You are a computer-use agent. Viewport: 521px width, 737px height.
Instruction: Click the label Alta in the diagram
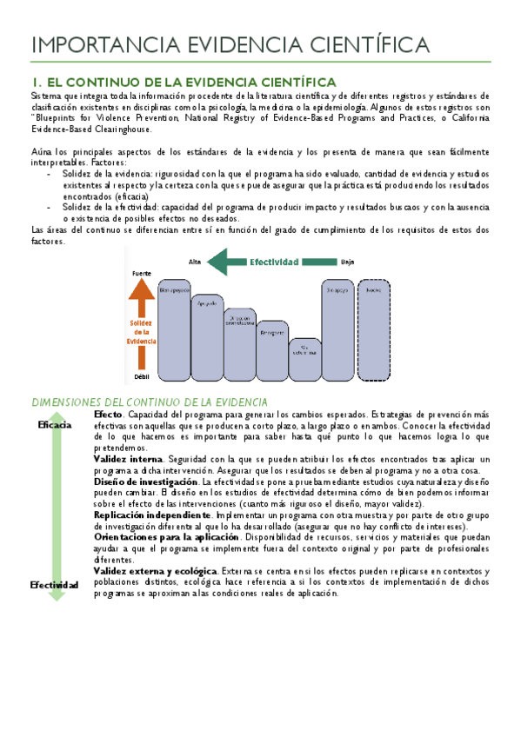197,262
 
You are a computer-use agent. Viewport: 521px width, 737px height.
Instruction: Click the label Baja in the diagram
348,262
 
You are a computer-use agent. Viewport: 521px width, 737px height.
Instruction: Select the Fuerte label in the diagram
141,273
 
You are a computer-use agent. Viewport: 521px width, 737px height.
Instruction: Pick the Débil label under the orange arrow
141,376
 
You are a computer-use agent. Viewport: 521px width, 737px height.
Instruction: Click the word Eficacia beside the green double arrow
55,425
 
